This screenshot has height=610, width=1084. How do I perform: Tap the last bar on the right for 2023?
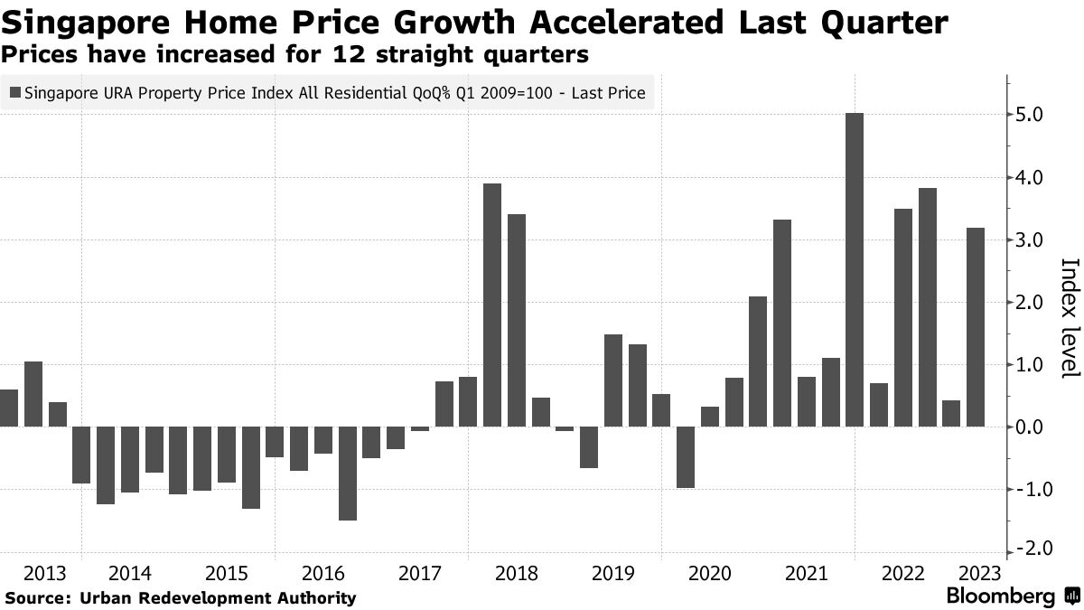(x=975, y=326)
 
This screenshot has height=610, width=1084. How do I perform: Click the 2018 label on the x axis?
(x=517, y=574)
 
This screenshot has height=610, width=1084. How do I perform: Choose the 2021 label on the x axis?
(x=806, y=574)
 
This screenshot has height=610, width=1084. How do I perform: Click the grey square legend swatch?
(x=15, y=92)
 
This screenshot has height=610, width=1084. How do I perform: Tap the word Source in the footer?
(x=39, y=597)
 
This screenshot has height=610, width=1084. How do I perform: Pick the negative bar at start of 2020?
(x=685, y=456)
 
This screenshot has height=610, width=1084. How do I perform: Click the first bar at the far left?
(x=8, y=408)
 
